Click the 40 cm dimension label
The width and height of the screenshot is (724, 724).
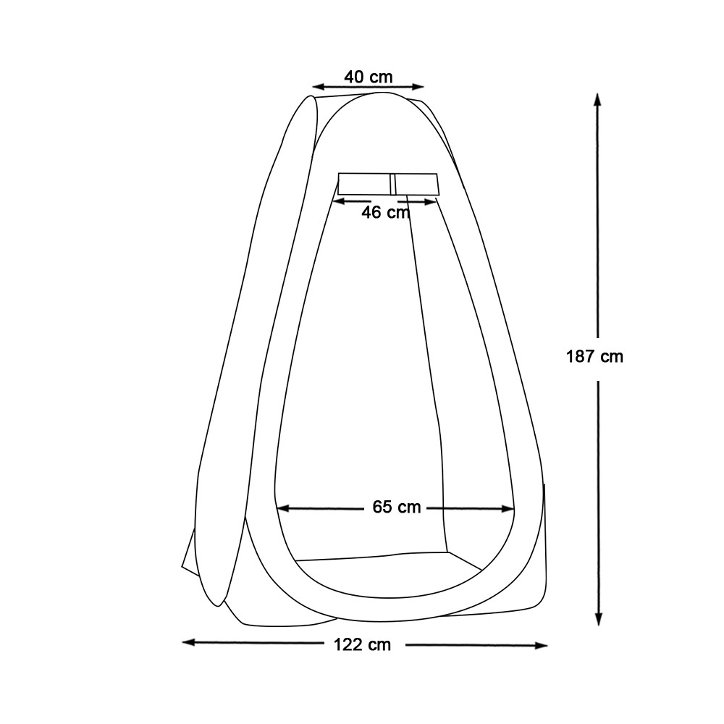click(368, 77)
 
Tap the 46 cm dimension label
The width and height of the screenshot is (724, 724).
click(386, 212)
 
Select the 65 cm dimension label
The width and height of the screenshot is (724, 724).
click(397, 507)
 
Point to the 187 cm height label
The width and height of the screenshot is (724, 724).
click(594, 356)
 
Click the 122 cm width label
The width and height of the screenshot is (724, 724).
click(363, 644)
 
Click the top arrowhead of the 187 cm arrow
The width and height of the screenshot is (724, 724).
click(597, 100)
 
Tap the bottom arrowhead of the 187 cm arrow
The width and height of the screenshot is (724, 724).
click(599, 619)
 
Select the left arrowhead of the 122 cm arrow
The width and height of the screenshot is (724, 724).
click(189, 642)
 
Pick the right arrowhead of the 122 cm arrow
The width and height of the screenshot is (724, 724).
click(541, 646)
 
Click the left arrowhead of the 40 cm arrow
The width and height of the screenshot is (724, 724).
click(319, 86)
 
